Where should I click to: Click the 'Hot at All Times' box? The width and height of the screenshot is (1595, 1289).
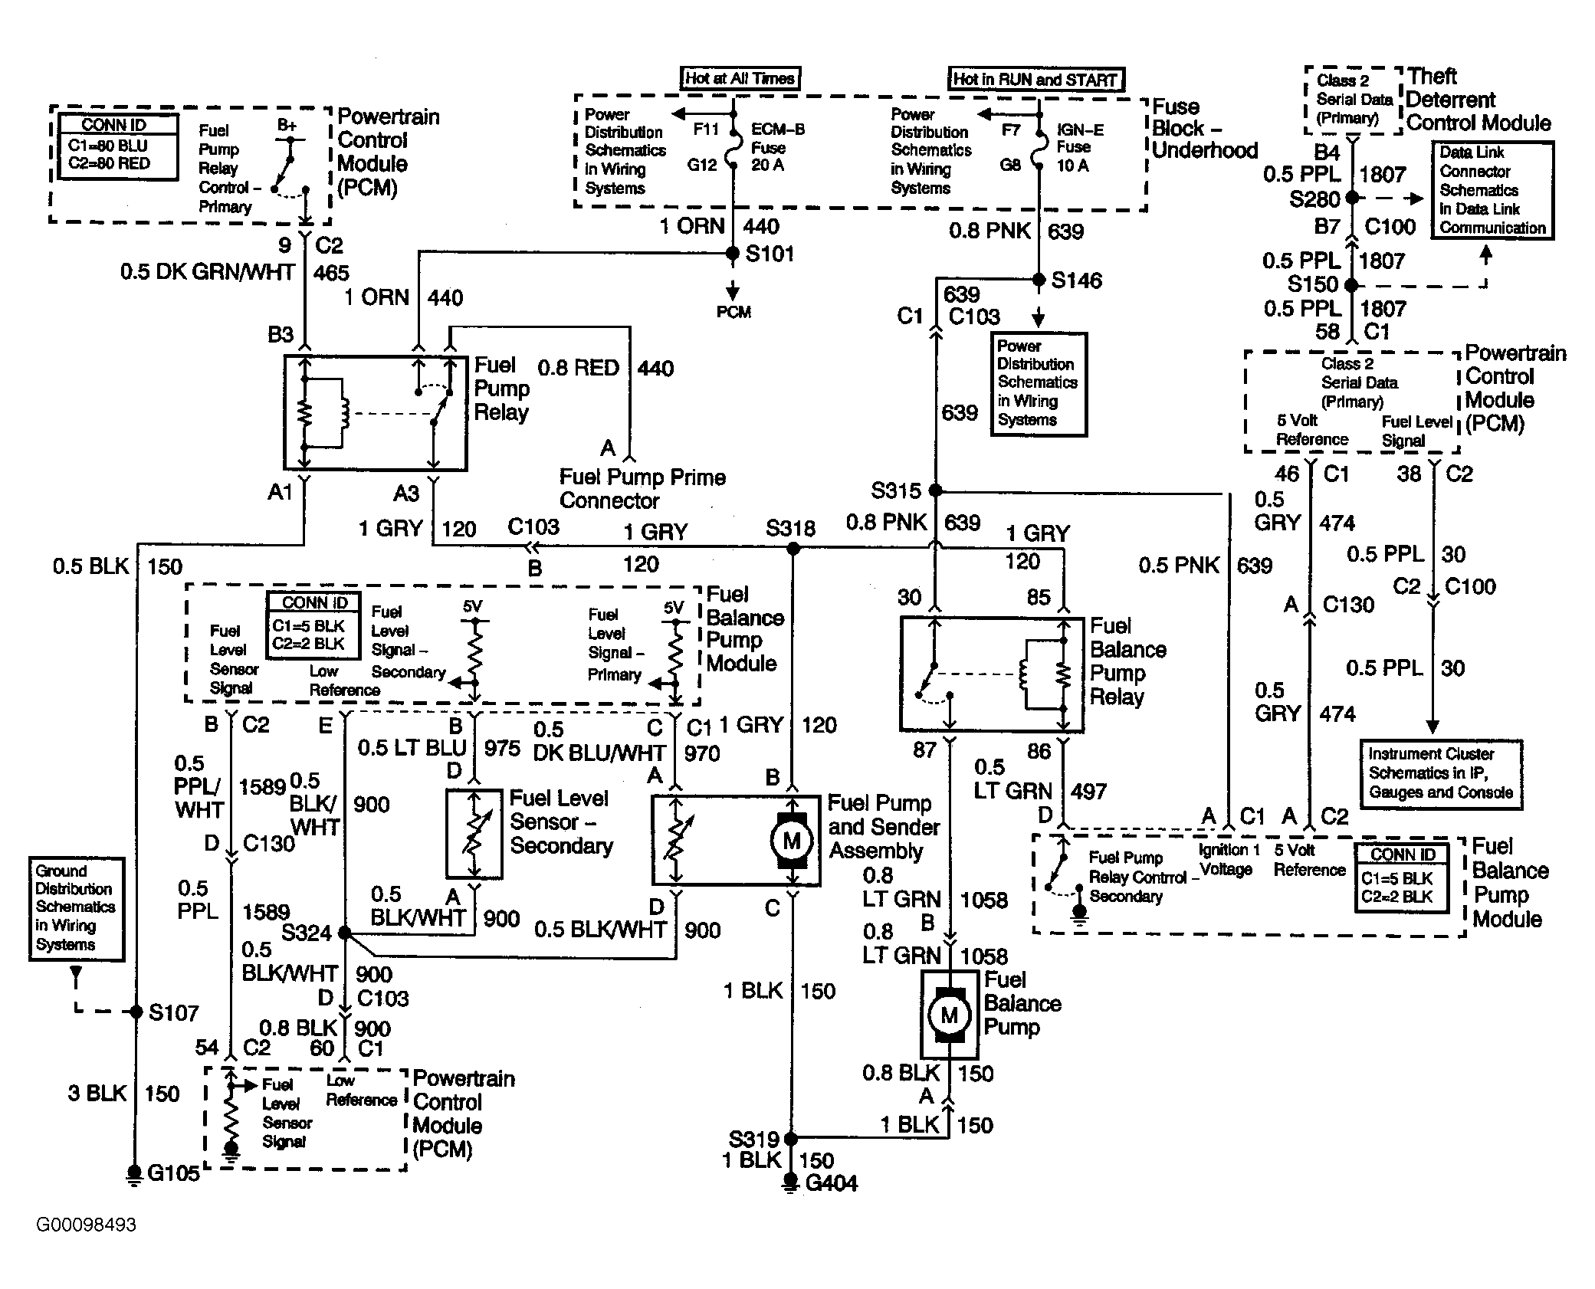(740, 78)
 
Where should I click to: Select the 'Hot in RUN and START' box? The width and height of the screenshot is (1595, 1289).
(1036, 79)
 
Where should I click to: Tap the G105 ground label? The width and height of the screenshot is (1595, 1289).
(173, 1173)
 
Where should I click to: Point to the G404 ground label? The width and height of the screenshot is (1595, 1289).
(832, 1183)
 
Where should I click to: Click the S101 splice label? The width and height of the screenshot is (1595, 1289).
(770, 254)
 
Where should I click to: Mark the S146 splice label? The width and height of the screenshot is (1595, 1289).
(1076, 280)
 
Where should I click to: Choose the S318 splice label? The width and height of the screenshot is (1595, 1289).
(790, 528)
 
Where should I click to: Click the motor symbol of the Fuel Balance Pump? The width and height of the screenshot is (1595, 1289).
(950, 1015)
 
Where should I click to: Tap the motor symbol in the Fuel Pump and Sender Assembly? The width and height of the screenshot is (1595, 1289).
(792, 841)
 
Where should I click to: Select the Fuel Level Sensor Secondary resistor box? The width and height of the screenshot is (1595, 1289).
(474, 834)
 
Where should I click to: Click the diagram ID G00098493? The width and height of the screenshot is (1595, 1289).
(86, 1225)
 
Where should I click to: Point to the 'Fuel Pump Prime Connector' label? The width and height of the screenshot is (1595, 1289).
(642, 489)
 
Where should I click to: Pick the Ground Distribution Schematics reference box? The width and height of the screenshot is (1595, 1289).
(77, 909)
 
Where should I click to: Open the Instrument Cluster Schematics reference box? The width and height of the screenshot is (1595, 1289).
(1441, 774)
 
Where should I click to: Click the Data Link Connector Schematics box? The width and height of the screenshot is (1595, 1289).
(1492, 190)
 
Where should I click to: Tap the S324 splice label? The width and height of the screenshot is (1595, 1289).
(306, 933)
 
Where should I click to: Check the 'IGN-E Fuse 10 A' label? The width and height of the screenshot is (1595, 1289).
(1081, 148)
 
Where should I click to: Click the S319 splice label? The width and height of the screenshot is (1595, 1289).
(754, 1139)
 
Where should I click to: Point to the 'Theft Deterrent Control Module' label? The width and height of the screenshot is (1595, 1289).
(1478, 100)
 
